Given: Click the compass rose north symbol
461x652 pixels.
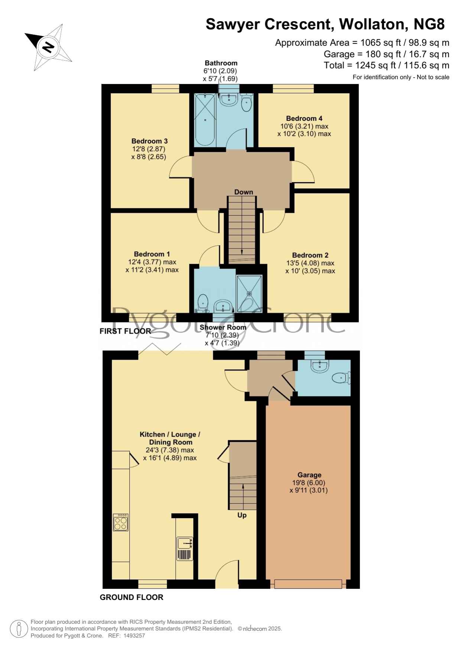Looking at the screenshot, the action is click(48, 47).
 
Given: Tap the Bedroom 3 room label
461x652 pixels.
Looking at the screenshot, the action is click(149, 141).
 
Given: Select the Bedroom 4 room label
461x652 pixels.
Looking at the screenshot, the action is click(304, 119).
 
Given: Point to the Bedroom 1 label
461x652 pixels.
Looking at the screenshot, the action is click(152, 254).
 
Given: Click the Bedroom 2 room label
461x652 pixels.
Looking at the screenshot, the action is click(310, 255).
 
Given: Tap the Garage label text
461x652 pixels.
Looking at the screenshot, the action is click(309, 475).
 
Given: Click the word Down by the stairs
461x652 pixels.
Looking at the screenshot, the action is click(244, 192).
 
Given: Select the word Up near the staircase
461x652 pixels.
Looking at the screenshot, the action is click(242, 515).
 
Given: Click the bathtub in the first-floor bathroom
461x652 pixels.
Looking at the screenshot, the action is click(205, 120).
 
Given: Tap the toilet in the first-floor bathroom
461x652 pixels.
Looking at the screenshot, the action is click(246, 103).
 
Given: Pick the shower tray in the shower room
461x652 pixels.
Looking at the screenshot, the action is click(249, 293).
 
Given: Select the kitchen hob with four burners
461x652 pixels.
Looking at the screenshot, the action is click(121, 522).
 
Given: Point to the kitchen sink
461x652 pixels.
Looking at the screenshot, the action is click(185, 544).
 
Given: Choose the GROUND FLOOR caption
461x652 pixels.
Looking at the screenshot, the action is click(132, 597).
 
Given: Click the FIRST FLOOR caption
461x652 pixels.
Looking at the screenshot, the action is click(125, 331).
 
